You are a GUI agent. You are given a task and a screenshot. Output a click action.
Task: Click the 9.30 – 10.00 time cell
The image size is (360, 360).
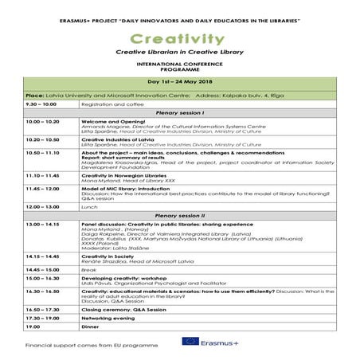[x=41, y=104]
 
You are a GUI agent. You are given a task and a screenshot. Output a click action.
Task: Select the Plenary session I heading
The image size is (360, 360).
[x=179, y=112]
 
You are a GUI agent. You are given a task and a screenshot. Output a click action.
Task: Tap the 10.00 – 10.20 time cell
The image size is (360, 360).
[x=44, y=122]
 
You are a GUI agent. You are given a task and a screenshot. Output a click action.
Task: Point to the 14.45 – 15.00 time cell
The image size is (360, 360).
[x=44, y=268]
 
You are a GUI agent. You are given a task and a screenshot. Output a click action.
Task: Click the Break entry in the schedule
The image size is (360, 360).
[x=88, y=268]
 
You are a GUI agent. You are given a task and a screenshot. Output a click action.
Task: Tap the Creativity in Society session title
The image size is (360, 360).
[x=108, y=255]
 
